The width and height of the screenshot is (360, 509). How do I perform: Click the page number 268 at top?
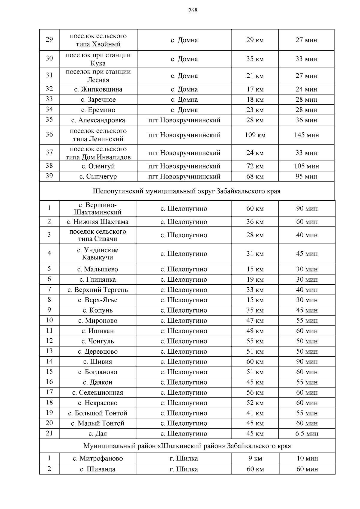tap(193, 11)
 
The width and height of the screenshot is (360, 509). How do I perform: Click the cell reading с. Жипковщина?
tap(98, 89)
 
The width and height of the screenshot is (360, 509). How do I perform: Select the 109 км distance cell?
tap(255, 135)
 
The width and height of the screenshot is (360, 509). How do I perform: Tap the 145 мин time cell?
tap(306, 135)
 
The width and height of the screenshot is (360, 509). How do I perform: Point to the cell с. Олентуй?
tap(98, 166)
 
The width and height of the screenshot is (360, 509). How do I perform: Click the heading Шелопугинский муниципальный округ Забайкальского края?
tap(187, 191)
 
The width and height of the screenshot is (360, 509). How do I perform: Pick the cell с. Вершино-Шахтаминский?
tap(98, 208)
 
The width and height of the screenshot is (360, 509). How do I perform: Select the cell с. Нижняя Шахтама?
tap(98, 222)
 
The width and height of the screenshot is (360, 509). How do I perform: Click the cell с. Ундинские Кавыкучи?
tap(98, 254)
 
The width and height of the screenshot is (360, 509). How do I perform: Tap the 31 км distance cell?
tap(255, 254)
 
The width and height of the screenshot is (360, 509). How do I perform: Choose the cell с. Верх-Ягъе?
tap(98, 300)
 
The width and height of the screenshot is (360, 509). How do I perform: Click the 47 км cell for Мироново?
tap(255, 321)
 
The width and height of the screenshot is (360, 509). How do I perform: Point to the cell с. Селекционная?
tap(98, 393)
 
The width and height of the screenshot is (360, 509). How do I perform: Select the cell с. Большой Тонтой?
tap(98, 413)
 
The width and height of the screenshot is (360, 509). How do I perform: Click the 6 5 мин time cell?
tap(307, 434)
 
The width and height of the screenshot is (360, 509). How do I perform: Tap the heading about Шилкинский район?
tap(187, 446)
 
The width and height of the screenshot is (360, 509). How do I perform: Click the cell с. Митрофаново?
tap(98, 459)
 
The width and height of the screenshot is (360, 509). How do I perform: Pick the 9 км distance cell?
tap(255, 459)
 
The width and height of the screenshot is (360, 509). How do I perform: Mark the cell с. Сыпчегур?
tap(98, 176)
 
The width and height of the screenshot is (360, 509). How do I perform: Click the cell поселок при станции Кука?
tap(98, 59)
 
